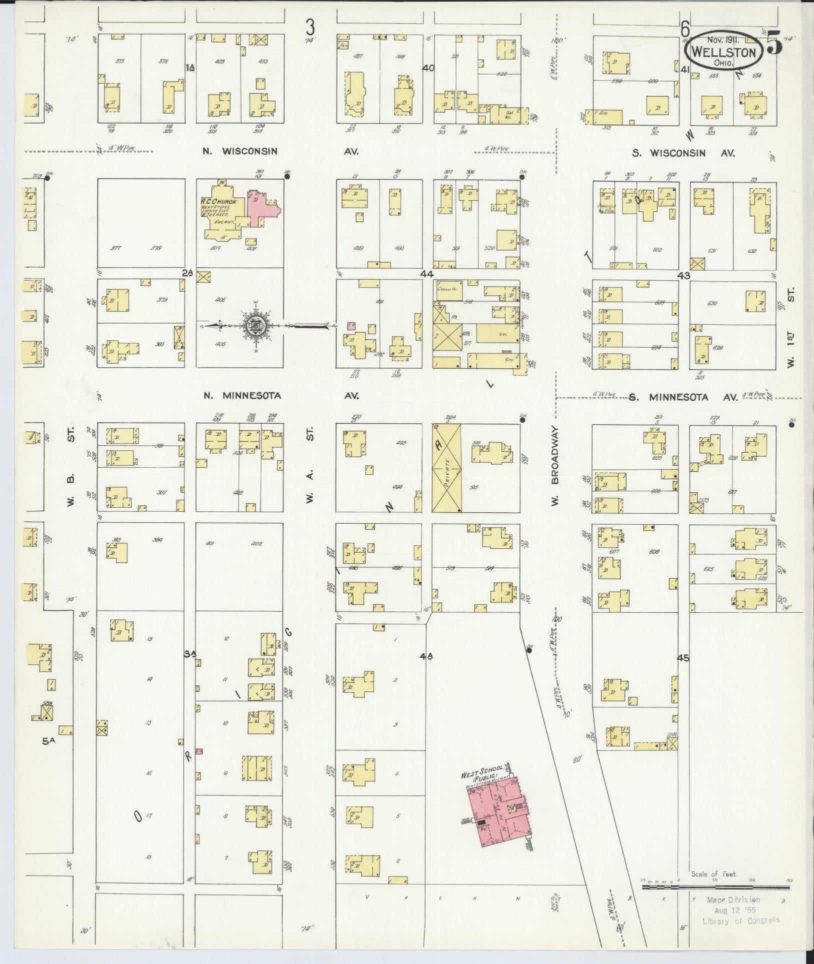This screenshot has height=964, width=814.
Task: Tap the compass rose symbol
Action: point(255,326)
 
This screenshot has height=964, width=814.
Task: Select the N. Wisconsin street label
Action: point(240,152)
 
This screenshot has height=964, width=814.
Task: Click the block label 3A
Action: point(189,654)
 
